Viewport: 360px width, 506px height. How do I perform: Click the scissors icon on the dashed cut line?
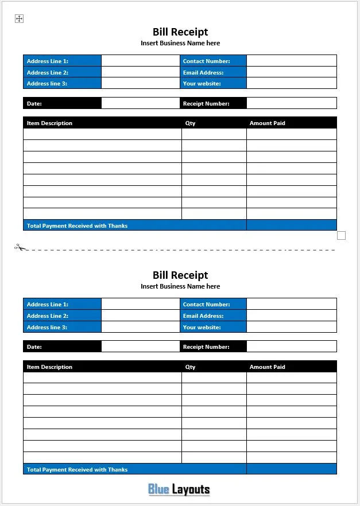pos(21,248)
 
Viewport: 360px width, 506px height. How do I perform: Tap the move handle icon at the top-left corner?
pos(19,19)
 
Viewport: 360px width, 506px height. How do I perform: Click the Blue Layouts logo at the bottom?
pos(179,489)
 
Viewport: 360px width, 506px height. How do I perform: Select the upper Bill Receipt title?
pos(180,32)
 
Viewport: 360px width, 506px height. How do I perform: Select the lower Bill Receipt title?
pos(180,275)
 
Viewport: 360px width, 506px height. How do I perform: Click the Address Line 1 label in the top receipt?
pos(48,61)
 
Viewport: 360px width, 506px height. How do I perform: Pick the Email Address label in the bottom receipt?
pos(203,316)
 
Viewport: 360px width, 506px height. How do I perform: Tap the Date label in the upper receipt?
pos(34,104)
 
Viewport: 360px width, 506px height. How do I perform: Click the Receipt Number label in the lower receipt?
pos(206,347)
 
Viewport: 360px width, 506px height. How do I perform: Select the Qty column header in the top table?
pos(190,123)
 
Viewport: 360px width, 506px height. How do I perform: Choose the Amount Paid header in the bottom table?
pos(267,367)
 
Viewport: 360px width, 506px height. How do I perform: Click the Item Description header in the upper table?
pos(49,123)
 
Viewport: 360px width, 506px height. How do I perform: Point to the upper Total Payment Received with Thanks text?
pos(77,226)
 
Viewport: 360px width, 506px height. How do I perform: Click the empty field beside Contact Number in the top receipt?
pos(291,61)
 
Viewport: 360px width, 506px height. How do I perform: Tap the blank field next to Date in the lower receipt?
pos(140,347)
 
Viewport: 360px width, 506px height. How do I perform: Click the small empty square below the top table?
pos(342,235)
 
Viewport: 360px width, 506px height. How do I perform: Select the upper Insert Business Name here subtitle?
pos(180,43)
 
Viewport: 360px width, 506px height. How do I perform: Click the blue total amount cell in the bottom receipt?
pos(291,469)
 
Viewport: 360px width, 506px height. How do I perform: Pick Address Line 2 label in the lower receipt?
pos(48,316)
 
